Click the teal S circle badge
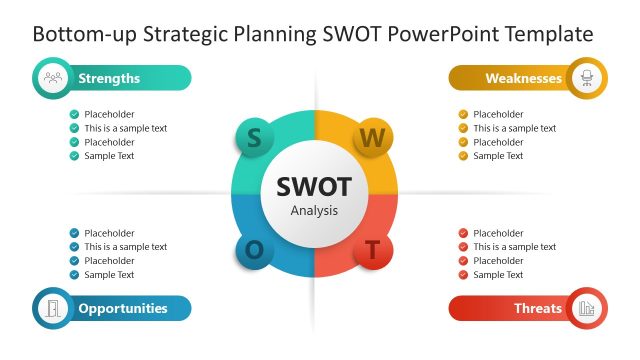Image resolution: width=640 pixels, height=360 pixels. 254,138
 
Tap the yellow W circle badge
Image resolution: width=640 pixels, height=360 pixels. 372,138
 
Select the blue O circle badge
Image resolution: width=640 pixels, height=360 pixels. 254,250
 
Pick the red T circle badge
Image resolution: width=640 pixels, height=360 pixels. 372,251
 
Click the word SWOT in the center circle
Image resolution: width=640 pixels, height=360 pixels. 314,186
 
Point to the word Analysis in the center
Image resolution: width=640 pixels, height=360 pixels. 314,211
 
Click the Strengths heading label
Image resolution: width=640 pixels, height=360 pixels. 109,78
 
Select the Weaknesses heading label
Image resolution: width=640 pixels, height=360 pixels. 523,78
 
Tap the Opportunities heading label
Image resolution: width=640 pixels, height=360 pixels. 123,308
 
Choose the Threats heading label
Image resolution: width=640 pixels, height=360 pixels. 537,308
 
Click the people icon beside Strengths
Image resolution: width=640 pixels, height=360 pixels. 53,78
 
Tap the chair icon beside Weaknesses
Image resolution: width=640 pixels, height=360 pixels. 586,78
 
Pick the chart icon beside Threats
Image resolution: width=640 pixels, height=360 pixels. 586,308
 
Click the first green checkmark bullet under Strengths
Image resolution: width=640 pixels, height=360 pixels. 74,114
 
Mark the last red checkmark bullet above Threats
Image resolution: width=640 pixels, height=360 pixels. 463,275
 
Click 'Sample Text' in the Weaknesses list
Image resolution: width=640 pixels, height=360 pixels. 498,156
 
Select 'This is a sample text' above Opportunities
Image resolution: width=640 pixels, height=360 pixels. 125,247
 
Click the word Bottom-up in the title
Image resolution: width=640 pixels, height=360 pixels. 83,34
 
